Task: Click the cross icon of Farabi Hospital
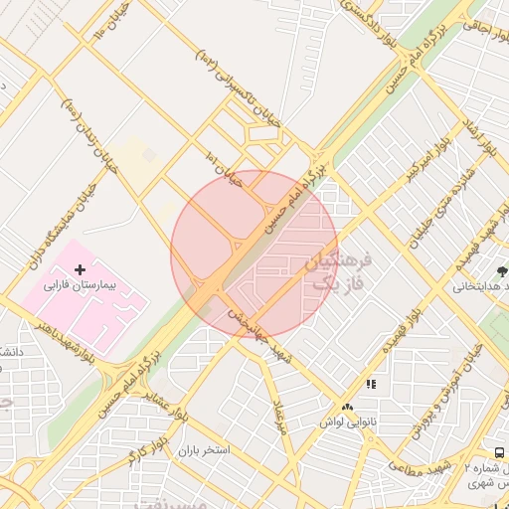point(81,269)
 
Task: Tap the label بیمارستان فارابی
point(81,284)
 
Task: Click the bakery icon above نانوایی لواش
point(347,408)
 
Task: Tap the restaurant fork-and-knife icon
point(371,384)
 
